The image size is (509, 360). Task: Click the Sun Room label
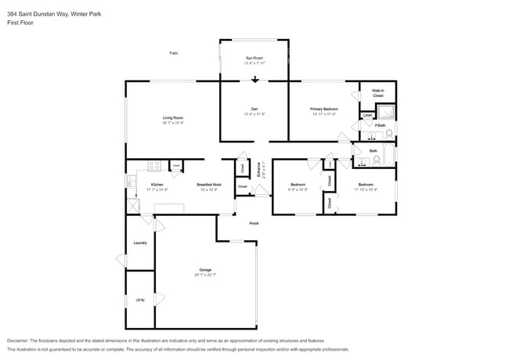(x=254, y=58)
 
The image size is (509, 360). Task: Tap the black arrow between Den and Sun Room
(x=254, y=79)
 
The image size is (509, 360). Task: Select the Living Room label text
(x=173, y=118)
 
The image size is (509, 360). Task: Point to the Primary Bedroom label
(x=323, y=110)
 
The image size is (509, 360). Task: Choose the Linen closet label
(x=367, y=116)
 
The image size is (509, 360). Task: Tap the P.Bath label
(x=380, y=126)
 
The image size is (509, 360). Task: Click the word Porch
(x=254, y=224)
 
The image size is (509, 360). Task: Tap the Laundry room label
(x=140, y=243)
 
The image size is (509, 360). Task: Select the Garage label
(x=205, y=270)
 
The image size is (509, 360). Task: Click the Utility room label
(x=140, y=300)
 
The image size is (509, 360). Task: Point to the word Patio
(x=174, y=52)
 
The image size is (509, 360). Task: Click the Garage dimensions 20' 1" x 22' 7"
(x=205, y=275)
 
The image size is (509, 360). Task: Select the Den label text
(x=254, y=110)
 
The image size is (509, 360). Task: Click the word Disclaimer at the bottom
(x=17, y=340)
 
